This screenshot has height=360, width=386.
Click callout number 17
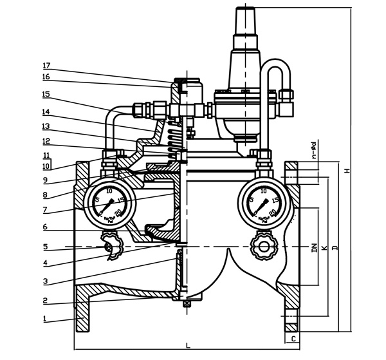[46, 66]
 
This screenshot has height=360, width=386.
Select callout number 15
[46, 95]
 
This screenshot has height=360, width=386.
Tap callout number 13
[46, 126]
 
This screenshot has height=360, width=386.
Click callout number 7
[46, 210]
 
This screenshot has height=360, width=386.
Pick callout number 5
[46, 247]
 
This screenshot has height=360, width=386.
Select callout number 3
[46, 281]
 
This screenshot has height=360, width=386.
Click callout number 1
[46, 318]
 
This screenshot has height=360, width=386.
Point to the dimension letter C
[293, 337]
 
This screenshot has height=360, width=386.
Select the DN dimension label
[314, 247]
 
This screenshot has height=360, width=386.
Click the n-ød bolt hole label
[313, 149]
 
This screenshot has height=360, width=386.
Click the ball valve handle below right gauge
[262, 245]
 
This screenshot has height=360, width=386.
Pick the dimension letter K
[324, 247]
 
